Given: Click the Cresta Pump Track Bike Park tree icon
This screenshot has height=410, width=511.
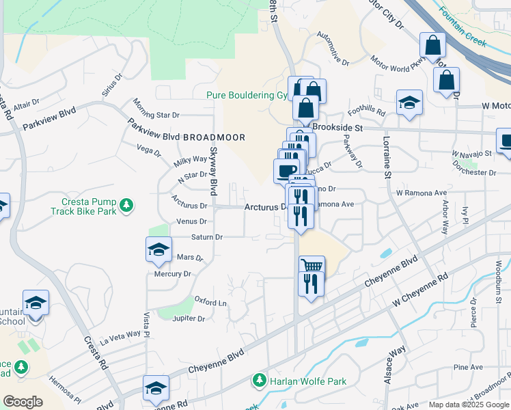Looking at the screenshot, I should (x=126, y=205).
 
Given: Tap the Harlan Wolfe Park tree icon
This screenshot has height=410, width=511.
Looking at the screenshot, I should (x=259, y=379).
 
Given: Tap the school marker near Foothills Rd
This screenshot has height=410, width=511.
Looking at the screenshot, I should (x=409, y=103).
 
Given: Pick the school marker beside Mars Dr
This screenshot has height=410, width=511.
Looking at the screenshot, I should (x=158, y=249).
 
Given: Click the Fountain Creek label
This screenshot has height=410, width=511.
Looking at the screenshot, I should (x=462, y=27).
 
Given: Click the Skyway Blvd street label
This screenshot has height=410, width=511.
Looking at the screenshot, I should (x=214, y=171).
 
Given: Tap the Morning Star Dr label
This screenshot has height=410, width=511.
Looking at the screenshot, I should (x=156, y=109).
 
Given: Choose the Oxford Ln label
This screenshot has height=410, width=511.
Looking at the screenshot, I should (x=210, y=301).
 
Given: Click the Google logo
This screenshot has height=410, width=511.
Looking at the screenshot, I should (x=23, y=402).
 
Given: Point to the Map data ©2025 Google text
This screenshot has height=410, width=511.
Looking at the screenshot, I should (x=469, y=405).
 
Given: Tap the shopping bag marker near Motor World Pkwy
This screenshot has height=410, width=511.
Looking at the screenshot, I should (x=432, y=46).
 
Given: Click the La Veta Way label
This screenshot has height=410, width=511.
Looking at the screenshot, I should (x=120, y=335).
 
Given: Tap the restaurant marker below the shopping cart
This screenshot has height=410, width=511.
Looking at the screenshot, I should (x=312, y=282).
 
